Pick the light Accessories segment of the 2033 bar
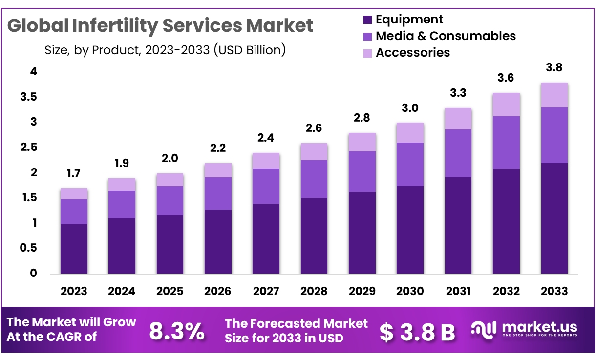pyautogui.click(x=554, y=95)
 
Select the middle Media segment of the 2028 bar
pyautogui.click(x=314, y=179)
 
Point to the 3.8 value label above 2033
pyautogui.click(x=554, y=67)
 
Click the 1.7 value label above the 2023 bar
pyautogui.click(x=74, y=173)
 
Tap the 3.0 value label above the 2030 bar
pyautogui.click(x=410, y=108)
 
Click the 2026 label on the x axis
pyautogui.click(x=218, y=291)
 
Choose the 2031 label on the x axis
pyautogui.click(x=458, y=291)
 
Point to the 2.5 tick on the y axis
pyautogui.click(x=29, y=148)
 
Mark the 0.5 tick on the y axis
pyautogui.click(x=29, y=248)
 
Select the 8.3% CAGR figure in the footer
pyautogui.click(x=176, y=332)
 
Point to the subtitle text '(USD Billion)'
pyautogui.click(x=250, y=50)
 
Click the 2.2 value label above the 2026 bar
pyautogui.click(x=218, y=148)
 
